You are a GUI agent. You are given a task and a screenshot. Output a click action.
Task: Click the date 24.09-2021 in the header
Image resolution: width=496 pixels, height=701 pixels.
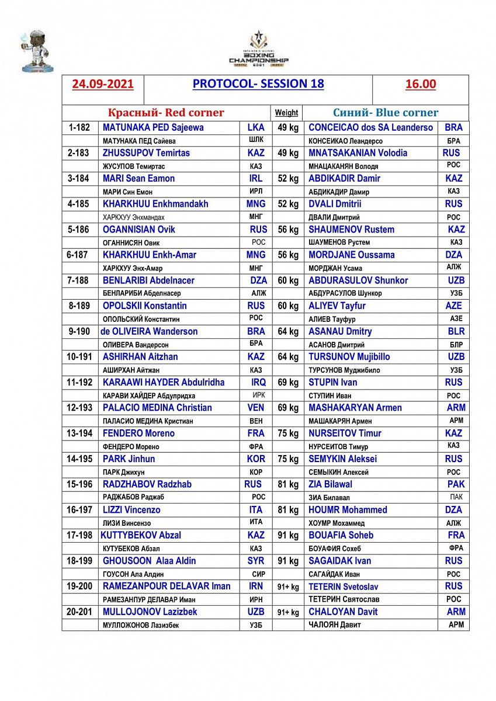103,84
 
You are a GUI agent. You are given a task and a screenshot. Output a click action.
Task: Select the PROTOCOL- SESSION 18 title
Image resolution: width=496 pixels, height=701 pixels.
258,84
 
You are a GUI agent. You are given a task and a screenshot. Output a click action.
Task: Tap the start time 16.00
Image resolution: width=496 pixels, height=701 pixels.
421,84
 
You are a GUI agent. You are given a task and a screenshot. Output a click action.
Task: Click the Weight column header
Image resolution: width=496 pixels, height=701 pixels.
286,113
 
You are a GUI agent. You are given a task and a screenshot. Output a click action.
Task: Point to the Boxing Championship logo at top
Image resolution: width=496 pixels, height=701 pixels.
258,49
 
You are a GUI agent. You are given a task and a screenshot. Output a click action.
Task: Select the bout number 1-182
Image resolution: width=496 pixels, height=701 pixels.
78,127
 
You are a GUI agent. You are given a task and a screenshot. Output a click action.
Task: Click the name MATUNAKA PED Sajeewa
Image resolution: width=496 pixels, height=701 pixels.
153,127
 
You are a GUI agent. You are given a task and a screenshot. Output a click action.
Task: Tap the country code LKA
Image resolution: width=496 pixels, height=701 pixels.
256,127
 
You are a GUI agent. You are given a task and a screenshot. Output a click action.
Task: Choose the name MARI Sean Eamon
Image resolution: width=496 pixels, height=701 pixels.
138,178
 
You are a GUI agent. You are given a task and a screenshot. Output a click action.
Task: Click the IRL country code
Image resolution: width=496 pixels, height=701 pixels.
256,178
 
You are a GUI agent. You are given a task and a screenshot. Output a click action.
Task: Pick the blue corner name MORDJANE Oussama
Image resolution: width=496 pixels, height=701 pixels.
352,255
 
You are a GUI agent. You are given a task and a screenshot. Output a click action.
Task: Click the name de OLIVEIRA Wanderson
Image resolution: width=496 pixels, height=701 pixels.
149,331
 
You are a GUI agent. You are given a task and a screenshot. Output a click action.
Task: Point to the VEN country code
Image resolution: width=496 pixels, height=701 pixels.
256,408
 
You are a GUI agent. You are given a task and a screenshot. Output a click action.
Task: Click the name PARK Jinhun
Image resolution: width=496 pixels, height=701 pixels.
129,459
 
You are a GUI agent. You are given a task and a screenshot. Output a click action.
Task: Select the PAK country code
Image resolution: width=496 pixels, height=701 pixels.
456,484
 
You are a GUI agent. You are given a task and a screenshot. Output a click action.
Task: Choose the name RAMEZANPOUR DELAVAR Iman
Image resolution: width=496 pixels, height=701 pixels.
167,586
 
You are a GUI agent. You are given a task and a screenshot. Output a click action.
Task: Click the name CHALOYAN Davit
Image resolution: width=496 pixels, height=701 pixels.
343,612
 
